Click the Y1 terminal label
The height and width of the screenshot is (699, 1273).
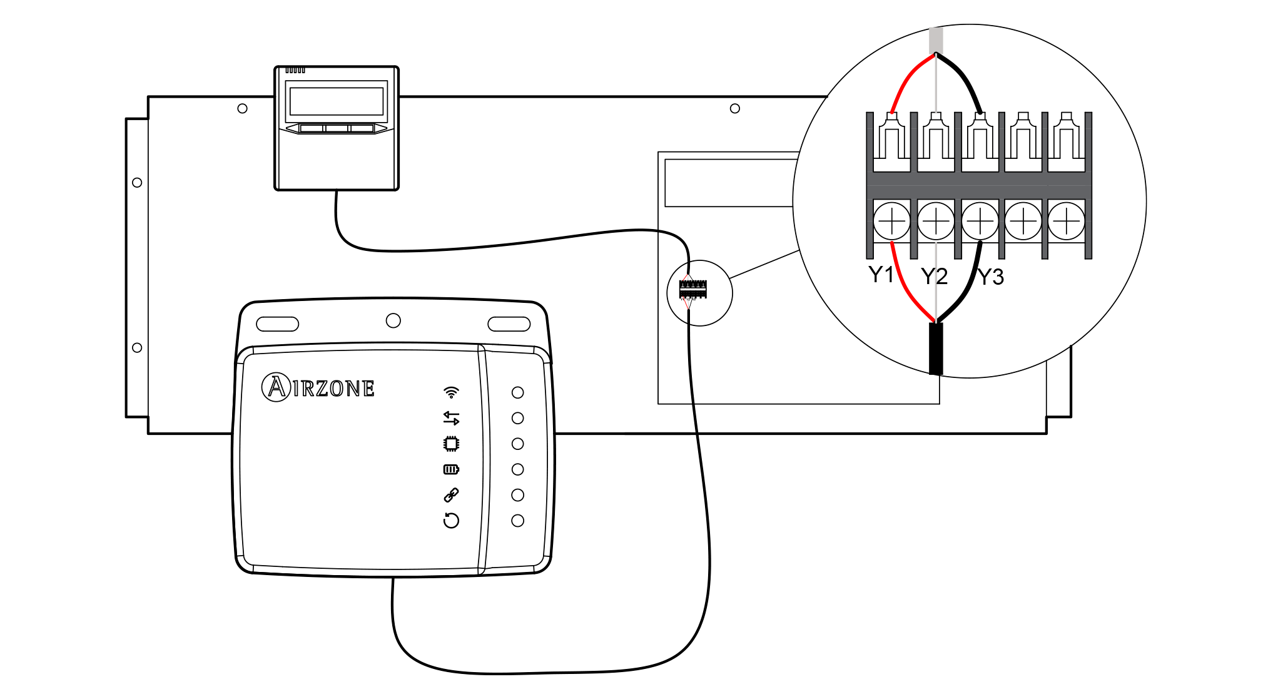(x=881, y=274)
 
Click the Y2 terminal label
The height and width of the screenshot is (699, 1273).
(x=934, y=276)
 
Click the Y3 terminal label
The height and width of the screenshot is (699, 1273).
(x=991, y=277)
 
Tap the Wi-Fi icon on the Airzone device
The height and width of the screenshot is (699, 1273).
(x=451, y=392)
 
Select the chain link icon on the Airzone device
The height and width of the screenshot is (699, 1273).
(x=451, y=495)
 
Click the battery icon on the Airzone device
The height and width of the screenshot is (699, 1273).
(x=451, y=469)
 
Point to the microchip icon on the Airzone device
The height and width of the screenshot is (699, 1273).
(x=451, y=444)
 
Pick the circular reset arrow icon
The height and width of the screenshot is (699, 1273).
(x=451, y=521)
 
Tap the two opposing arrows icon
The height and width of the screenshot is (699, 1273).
(x=451, y=418)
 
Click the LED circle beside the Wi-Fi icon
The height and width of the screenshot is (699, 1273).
(x=517, y=392)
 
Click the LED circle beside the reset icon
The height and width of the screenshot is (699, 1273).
(x=517, y=521)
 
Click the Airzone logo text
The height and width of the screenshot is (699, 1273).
(x=318, y=387)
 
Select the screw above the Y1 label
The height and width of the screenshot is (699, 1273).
(x=891, y=221)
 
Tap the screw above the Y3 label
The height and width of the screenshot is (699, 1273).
(x=980, y=221)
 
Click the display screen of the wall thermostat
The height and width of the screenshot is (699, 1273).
(x=337, y=101)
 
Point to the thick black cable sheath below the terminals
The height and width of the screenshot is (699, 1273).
(x=936, y=349)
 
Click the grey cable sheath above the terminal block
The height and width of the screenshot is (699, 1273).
(x=936, y=39)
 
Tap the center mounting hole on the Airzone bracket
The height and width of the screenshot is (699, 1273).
(x=393, y=321)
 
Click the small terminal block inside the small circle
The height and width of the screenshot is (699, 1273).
(x=693, y=290)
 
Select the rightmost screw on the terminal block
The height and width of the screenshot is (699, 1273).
(x=1067, y=221)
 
